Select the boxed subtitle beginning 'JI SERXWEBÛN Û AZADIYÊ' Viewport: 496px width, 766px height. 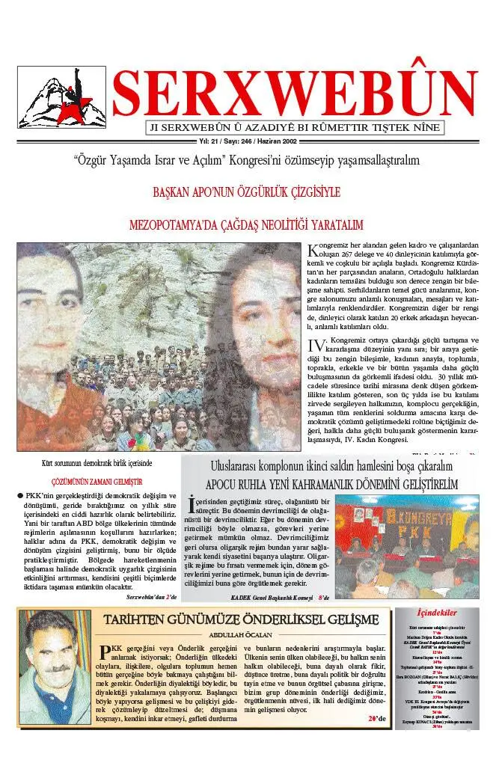click(x=294, y=127)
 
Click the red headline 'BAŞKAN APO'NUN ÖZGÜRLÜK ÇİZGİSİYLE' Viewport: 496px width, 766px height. click(x=246, y=192)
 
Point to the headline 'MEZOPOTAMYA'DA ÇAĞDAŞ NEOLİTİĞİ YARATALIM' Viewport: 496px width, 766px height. click(x=246, y=224)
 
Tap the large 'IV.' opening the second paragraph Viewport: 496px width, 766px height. click(x=317, y=345)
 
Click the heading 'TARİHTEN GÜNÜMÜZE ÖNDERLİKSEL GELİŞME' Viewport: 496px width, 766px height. click(x=242, y=619)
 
